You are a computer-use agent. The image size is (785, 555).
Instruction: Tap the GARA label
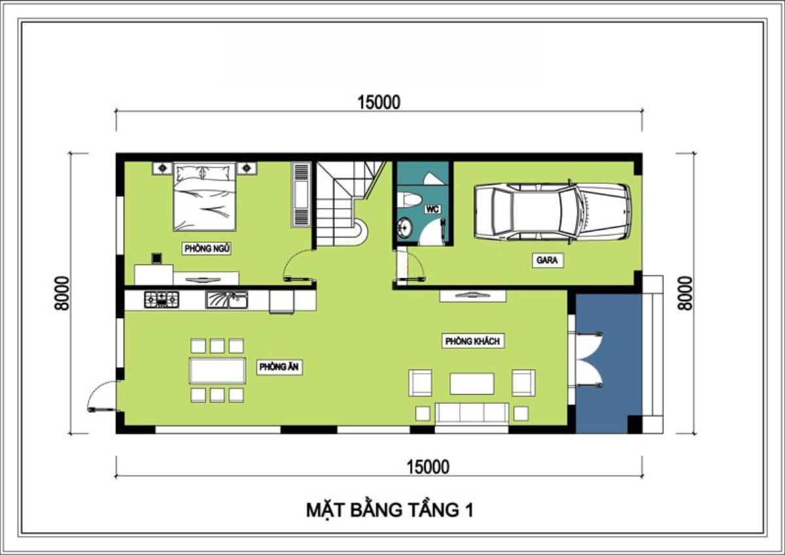tap(548, 260)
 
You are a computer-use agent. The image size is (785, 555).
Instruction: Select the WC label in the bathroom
tap(432, 209)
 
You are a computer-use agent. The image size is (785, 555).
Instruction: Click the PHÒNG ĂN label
tap(279, 367)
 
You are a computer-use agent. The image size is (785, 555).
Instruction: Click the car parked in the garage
tap(551, 211)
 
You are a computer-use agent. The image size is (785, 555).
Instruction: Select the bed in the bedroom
tap(204, 196)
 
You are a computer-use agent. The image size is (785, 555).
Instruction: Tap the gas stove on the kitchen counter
tap(161, 300)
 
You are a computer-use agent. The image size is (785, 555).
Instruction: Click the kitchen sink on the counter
tap(226, 300)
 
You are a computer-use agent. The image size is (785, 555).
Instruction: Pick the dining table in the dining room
tap(217, 370)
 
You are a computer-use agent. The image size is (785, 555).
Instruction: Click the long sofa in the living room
tap(472, 413)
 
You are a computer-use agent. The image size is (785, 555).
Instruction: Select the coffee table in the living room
tap(472, 384)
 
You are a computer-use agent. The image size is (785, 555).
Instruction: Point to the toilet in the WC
tap(412, 200)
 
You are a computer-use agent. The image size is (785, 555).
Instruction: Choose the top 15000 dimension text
tap(379, 102)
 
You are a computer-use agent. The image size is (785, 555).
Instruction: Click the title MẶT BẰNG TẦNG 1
tap(389, 510)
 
